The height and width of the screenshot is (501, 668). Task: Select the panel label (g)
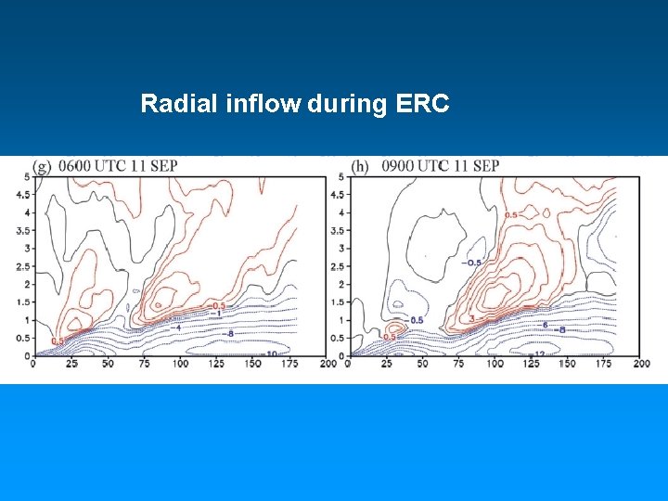pos(42,167)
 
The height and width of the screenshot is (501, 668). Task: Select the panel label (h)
pos(361,167)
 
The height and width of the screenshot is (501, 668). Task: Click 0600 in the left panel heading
pos(76,167)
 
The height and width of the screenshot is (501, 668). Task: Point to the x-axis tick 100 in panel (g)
pos(180,364)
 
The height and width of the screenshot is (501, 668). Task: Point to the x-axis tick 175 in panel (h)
pos(604,364)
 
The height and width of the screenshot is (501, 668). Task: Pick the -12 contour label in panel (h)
pos(537,354)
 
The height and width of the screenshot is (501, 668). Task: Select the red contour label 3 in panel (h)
pos(471,319)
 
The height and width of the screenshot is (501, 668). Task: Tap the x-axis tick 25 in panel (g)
pos(71,364)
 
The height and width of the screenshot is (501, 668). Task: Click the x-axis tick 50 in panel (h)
pos(422,364)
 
